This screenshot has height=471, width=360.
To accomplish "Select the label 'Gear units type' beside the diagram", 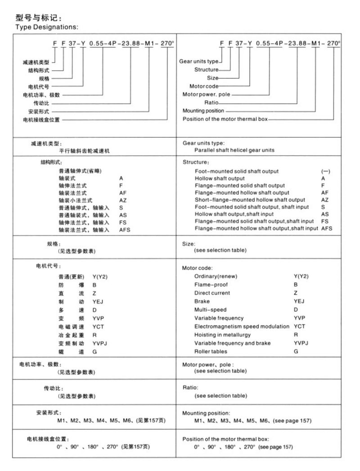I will [x=198, y=61].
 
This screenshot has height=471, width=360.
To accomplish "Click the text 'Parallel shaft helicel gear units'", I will [x=234, y=150].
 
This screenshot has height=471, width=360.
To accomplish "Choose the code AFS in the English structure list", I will [x=327, y=228].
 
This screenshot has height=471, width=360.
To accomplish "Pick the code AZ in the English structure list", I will [x=325, y=199].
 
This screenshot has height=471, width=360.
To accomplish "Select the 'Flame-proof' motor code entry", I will [x=211, y=285].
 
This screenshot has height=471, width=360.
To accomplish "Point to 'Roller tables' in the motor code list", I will [x=211, y=351].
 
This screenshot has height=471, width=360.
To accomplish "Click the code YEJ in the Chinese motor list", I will [x=98, y=302].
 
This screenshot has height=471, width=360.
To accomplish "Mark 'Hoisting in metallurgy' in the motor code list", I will [x=222, y=335].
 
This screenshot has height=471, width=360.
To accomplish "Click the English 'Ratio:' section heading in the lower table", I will [x=190, y=387].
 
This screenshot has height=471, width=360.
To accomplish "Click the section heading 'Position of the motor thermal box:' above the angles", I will [x=225, y=438].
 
